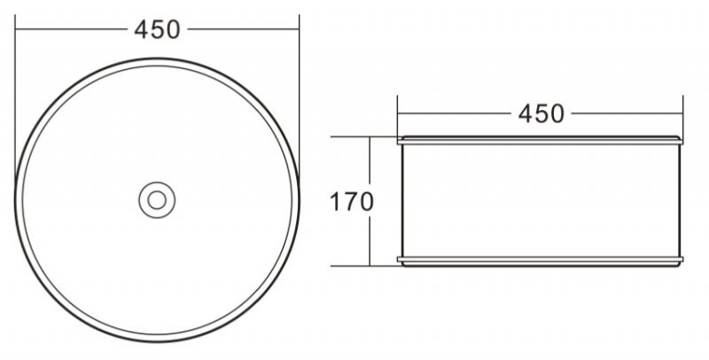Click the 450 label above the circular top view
(x=158, y=29)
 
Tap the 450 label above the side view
(x=540, y=113)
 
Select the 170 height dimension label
(x=352, y=201)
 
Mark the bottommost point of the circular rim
(x=157, y=342)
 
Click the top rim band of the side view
(x=540, y=140)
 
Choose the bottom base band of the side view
(x=540, y=261)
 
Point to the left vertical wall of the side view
(x=402, y=200)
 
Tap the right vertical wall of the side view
(x=678, y=200)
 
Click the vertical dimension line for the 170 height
(x=368, y=239)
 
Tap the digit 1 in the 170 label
(x=337, y=201)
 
